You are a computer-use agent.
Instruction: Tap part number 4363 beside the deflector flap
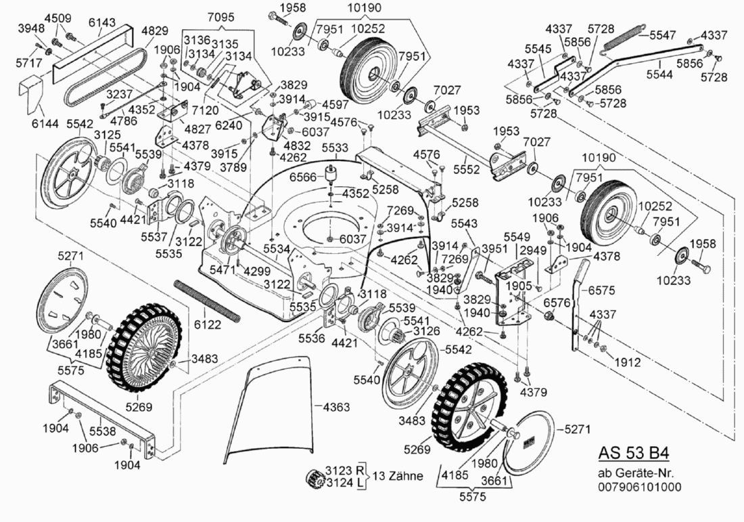[337, 407]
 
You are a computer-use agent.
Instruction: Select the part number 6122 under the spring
[208, 325]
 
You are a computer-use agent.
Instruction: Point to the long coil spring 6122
[208, 300]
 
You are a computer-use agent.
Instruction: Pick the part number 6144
[45, 124]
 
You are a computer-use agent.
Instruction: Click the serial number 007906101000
[639, 487]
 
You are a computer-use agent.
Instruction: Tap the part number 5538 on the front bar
[93, 431]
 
